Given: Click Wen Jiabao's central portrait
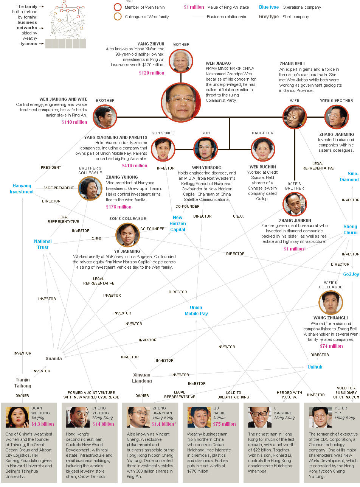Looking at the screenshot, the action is (181, 102).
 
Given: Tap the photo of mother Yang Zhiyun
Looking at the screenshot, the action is (181, 61).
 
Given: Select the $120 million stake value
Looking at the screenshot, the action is (151, 73).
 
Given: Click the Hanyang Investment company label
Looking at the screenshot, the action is (23, 189).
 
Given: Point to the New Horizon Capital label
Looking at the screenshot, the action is (177, 223).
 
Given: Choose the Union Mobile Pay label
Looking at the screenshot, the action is (196, 310).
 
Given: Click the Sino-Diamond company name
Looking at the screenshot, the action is (349, 176).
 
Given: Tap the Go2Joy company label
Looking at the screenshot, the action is (351, 274).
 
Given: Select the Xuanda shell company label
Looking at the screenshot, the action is (53, 358).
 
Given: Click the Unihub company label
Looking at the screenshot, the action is (315, 367).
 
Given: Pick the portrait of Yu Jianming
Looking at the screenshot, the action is (127, 235).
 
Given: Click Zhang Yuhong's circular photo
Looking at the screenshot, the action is (90, 188).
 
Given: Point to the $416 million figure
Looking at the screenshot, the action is (134, 166).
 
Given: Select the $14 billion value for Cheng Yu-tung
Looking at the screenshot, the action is (103, 424).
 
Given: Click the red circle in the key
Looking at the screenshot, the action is (118, 7).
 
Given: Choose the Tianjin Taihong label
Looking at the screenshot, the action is (23, 383).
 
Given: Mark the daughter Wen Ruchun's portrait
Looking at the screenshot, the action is (263, 149).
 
